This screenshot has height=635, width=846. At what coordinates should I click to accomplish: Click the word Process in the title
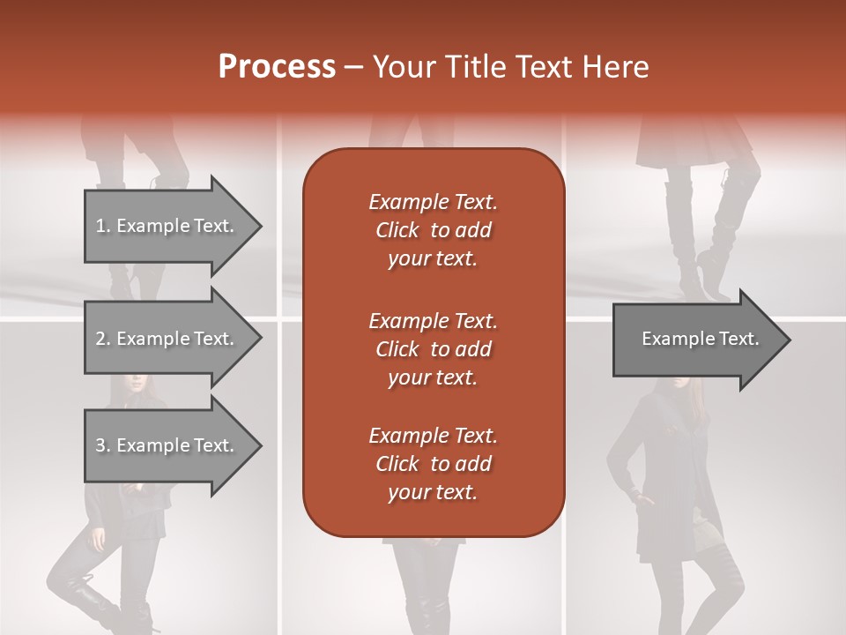[x=277, y=67]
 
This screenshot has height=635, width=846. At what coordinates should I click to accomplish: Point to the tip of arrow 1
[x=259, y=226]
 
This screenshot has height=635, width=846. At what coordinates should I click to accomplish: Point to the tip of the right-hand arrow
[x=788, y=340]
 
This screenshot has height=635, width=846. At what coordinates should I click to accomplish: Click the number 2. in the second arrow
[x=103, y=339]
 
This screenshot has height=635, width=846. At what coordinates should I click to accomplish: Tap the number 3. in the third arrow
[x=103, y=445]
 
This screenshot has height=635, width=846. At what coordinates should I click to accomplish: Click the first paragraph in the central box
[x=433, y=230]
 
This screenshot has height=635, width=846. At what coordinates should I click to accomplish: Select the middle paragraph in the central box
[x=433, y=348]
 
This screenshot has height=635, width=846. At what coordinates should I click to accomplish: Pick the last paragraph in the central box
[x=433, y=464]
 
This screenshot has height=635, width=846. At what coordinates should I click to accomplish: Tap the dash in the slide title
[x=353, y=68]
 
